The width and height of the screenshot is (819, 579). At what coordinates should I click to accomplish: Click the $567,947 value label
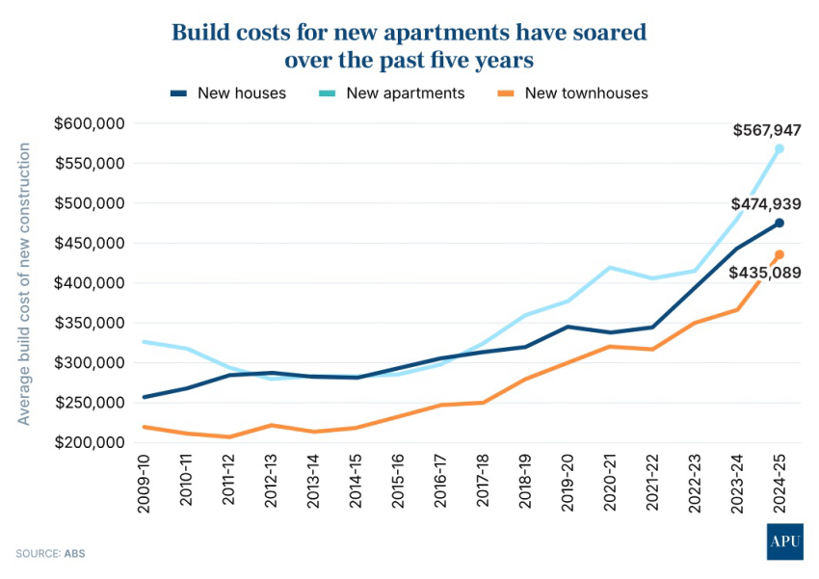click(767, 130)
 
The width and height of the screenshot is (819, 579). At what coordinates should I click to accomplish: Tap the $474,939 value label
click(767, 204)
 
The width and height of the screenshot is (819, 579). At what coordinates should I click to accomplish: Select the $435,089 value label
click(767, 273)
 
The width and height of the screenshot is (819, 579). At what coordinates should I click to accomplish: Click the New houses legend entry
click(228, 93)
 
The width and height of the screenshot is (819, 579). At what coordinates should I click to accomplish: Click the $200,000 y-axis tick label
click(92, 443)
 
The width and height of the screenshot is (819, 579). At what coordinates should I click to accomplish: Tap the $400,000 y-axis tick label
click(92, 283)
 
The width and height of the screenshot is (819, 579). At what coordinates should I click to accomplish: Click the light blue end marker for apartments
click(779, 148)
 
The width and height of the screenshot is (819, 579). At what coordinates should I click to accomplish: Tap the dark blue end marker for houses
click(779, 223)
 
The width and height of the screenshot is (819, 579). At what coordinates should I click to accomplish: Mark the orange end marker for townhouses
click(779, 254)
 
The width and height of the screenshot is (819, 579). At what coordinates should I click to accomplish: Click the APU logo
click(784, 541)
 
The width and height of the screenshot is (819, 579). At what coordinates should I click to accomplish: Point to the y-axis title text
click(24, 283)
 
